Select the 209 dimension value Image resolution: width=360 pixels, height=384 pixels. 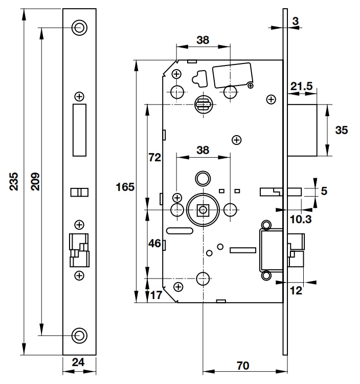(35, 181)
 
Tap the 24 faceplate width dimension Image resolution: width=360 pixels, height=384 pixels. (79, 362)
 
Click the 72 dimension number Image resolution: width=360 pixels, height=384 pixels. (154, 158)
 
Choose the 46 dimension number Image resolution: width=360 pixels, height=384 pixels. (154, 244)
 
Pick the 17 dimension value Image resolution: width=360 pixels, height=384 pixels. (155, 295)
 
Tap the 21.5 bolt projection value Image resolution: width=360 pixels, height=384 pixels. (302, 87)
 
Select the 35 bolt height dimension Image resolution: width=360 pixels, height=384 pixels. (341, 130)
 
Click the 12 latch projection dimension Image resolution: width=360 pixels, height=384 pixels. (296, 290)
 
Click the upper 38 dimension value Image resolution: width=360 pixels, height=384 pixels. (202, 40)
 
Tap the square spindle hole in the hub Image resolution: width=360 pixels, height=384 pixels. (204, 209)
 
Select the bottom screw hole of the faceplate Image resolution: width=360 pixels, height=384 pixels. (79, 335)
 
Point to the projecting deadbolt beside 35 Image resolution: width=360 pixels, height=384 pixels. (302, 130)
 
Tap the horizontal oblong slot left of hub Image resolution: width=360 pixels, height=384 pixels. (177, 230)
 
